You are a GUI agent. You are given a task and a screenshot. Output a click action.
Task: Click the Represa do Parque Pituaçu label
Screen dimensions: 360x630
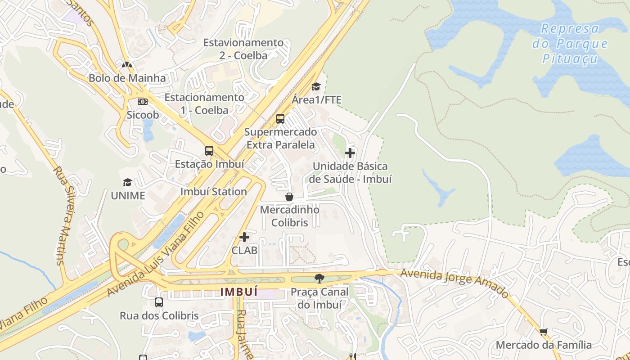click(x=570, y=44)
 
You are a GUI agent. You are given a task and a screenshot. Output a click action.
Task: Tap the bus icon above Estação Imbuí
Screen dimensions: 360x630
click(x=209, y=151)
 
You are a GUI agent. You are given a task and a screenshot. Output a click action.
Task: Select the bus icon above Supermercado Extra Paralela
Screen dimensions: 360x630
click(x=280, y=119)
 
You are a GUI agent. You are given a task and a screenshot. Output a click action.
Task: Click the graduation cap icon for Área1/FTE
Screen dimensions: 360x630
click(x=316, y=86)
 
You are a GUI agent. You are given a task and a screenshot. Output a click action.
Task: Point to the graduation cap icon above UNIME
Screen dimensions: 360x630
click(x=128, y=182)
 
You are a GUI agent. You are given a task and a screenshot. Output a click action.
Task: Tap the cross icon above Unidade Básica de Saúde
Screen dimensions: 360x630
click(x=350, y=153)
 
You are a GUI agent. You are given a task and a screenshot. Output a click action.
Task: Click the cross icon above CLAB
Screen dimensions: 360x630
click(x=244, y=237)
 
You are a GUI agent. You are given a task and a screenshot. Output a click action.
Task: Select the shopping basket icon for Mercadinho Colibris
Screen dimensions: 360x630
click(x=289, y=197)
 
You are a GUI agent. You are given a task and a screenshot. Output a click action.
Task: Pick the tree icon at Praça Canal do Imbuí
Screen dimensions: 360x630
click(x=319, y=279)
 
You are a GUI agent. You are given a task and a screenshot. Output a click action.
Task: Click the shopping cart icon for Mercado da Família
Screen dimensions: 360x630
click(x=544, y=332)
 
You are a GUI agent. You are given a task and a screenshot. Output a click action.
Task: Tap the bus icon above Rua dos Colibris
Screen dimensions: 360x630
click(x=159, y=302)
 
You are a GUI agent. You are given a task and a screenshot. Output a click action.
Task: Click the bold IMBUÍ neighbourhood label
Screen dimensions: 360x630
click(x=239, y=292)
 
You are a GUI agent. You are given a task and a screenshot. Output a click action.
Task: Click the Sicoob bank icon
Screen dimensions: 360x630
click(x=143, y=102)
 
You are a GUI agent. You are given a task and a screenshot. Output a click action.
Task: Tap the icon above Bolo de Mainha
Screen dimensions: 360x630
click(x=127, y=65)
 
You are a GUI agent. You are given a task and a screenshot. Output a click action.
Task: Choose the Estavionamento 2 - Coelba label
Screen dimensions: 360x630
click(x=243, y=49)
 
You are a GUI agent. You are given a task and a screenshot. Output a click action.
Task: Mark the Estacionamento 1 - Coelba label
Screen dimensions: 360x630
click(x=204, y=103)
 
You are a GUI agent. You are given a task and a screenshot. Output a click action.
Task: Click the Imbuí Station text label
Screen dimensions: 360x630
click(x=214, y=191)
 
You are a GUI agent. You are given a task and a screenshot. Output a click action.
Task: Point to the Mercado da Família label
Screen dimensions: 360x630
click(x=544, y=345)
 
